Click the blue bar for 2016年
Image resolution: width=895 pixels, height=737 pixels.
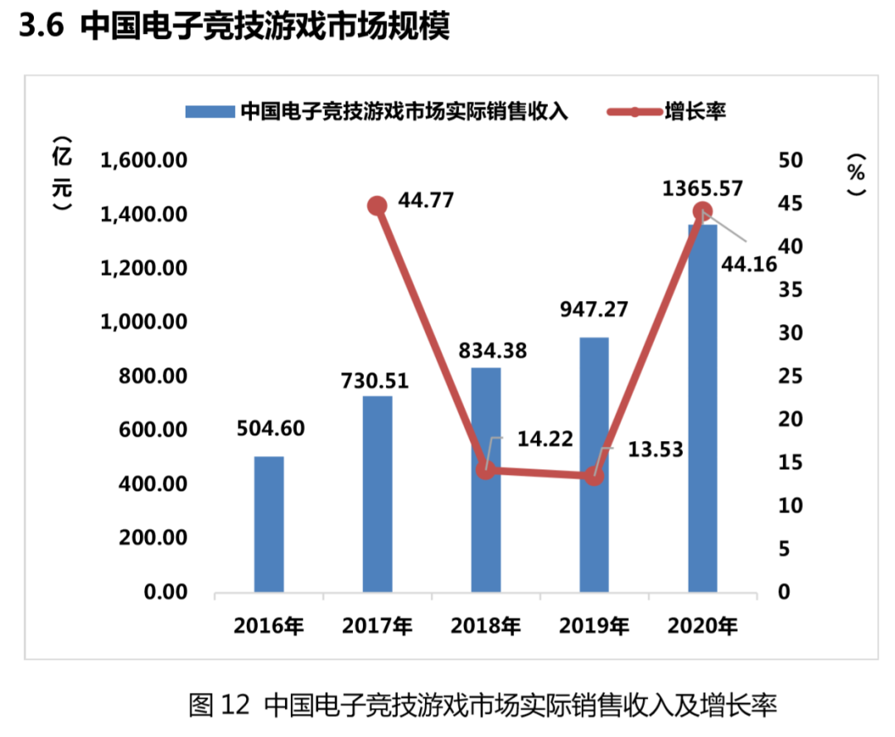pyautogui.click(x=268, y=524)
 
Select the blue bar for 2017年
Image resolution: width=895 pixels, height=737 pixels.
pyautogui.click(x=377, y=494)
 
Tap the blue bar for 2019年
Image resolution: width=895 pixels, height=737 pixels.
pyautogui.click(x=593, y=464)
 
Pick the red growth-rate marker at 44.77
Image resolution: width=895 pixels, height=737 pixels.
pyautogui.click(x=377, y=206)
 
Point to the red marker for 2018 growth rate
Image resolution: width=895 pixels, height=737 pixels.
pyautogui.click(x=486, y=469)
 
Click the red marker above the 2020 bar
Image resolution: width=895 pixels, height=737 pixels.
pyautogui.click(x=703, y=211)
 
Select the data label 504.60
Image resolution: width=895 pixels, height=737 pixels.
pyautogui.click(x=268, y=429)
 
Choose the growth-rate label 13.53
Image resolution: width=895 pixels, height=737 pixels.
pyautogui.click(x=655, y=450)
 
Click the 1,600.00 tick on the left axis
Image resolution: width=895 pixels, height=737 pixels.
pyautogui.click(x=143, y=160)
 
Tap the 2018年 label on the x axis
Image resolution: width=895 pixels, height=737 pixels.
pyautogui.click(x=486, y=626)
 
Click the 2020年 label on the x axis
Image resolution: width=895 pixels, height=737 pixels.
pyautogui.click(x=703, y=626)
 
